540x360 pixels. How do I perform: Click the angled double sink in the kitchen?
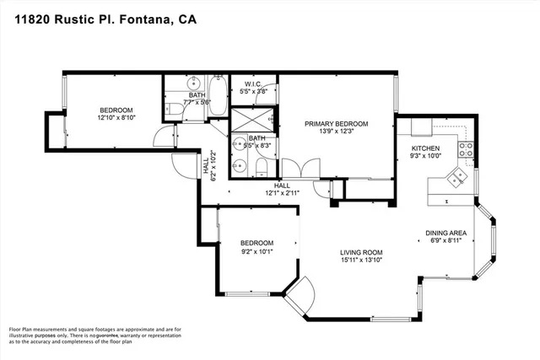457,178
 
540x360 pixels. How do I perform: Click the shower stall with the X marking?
254,119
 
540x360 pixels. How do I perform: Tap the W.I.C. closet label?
256,83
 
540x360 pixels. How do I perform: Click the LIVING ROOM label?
361,252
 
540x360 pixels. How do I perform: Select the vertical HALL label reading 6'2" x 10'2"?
206,168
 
